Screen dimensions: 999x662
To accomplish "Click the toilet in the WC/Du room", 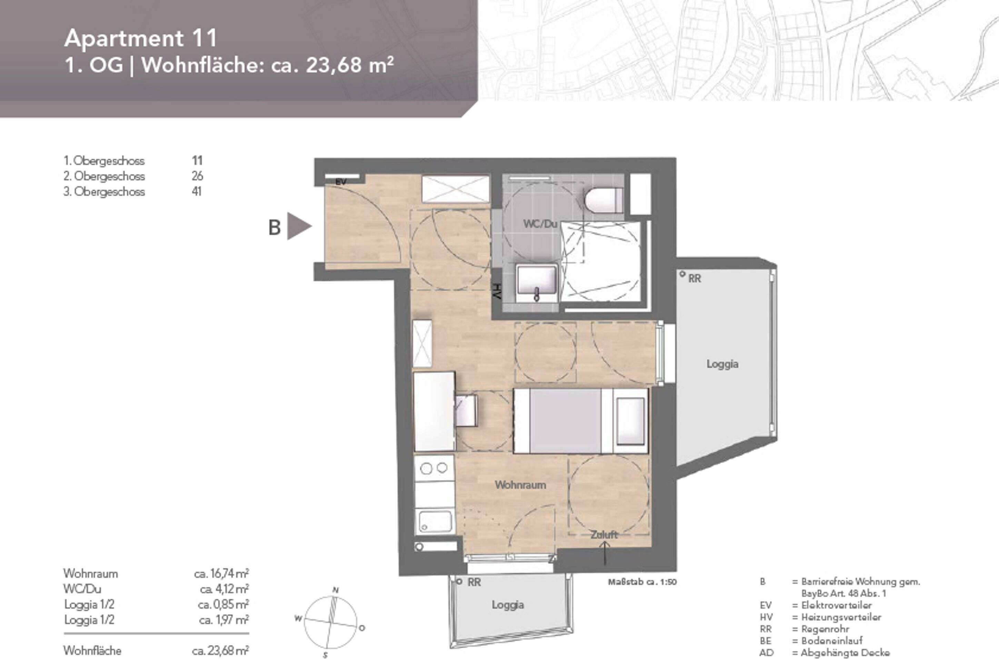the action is click(x=604, y=200).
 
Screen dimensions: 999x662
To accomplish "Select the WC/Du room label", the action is click(x=540, y=224).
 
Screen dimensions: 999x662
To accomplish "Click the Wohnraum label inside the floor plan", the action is click(x=520, y=485).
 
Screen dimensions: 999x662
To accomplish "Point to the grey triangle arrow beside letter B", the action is click(x=298, y=226).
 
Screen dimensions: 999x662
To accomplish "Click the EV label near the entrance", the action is click(x=341, y=182).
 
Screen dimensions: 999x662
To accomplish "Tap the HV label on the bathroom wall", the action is click(x=497, y=291).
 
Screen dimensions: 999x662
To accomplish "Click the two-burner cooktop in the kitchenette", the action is click(x=434, y=468).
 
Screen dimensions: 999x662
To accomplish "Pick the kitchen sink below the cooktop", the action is click(x=435, y=522).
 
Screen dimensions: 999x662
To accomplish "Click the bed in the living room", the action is click(x=581, y=421).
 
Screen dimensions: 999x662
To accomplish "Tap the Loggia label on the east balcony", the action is click(x=722, y=364).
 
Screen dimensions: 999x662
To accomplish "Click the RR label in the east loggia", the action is click(x=695, y=279).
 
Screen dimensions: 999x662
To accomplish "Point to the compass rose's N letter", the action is click(x=336, y=590).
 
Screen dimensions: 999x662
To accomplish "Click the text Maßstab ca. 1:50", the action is click(x=642, y=582).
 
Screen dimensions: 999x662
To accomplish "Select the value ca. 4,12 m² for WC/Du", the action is click(x=224, y=589).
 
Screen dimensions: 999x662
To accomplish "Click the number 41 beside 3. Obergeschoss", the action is click(x=197, y=191).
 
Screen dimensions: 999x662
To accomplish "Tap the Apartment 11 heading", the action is click(x=141, y=38).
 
